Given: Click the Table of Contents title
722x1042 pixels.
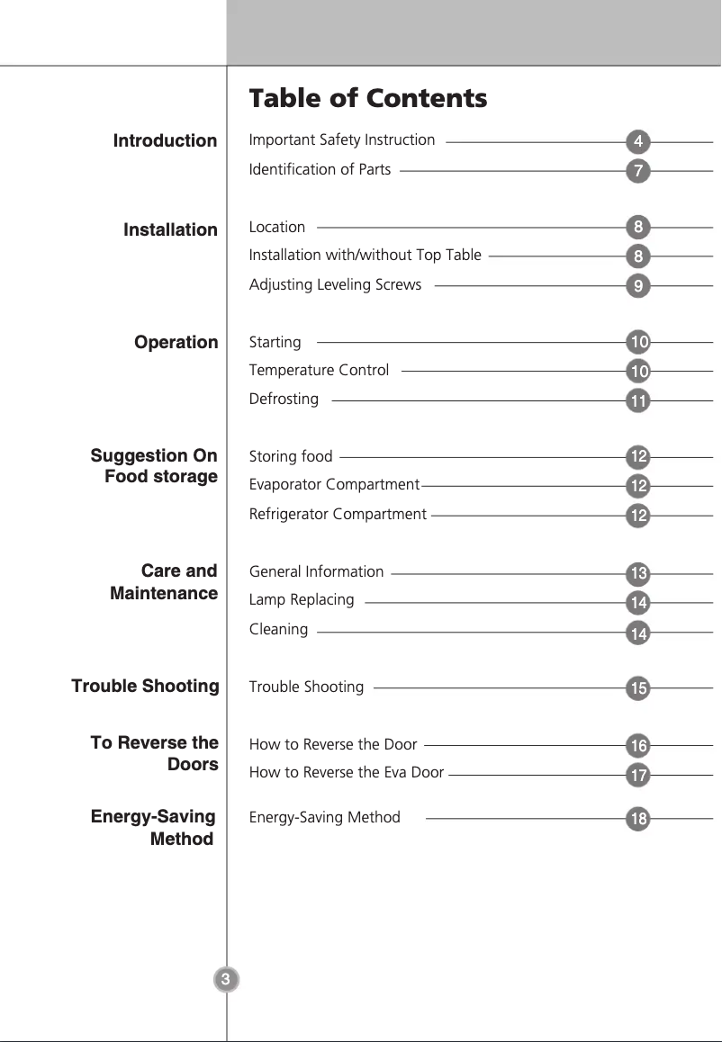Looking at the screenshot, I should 367,98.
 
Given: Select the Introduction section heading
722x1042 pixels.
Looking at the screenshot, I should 165,141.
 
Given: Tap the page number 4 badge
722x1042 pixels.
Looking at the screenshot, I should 637,142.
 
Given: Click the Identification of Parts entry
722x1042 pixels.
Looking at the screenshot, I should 320,169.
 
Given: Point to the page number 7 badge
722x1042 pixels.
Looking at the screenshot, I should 637,171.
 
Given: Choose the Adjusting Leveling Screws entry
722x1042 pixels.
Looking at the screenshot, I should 335,284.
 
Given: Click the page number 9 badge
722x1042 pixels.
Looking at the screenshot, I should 637,287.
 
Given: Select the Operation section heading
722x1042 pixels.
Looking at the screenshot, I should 176,343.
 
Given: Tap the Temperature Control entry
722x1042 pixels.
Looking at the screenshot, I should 319,370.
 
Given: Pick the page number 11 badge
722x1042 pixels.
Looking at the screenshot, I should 637,401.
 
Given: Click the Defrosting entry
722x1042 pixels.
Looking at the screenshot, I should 284,399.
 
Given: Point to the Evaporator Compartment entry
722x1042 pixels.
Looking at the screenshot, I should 334,485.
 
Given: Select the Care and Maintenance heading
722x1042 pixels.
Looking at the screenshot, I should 165,582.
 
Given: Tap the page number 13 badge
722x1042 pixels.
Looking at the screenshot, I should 637,574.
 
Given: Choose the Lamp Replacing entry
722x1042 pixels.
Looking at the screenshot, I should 302,600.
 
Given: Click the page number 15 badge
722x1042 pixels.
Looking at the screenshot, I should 637,689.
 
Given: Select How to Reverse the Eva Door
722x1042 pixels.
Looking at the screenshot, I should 346,772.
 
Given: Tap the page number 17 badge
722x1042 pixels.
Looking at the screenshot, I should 637,775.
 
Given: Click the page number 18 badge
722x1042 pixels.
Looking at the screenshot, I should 637,820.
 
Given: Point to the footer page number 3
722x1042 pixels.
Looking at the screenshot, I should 226,979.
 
